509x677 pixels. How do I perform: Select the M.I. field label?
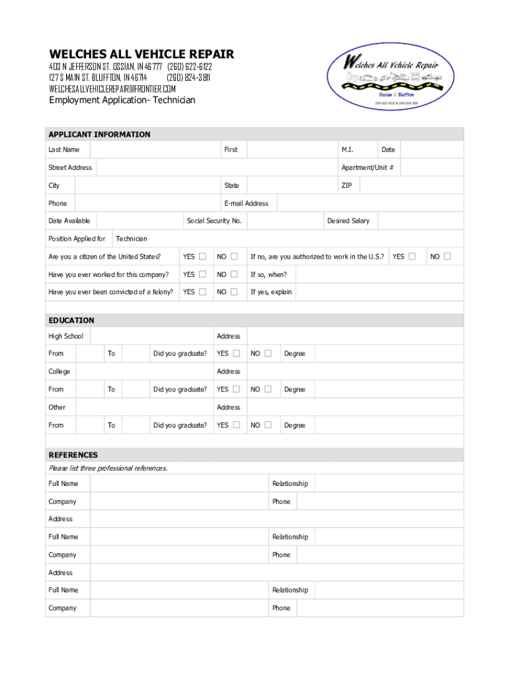(x=347, y=149)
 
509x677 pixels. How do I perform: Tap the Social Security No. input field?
(x=284, y=221)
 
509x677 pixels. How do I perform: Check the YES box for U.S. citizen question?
(x=203, y=257)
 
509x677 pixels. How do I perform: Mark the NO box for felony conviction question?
(x=234, y=292)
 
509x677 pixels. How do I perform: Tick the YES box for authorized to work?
(x=412, y=257)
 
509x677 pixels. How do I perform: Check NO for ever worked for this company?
(x=234, y=274)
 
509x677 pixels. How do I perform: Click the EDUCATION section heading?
(x=71, y=320)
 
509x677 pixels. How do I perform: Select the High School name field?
(x=152, y=336)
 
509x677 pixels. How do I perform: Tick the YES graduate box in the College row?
(x=236, y=389)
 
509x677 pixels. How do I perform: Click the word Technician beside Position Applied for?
(x=132, y=239)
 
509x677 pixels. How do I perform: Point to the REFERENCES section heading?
(x=73, y=455)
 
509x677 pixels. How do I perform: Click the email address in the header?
(x=112, y=89)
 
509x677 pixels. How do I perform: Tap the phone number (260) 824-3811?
(x=188, y=77)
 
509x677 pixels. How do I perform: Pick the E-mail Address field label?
(x=247, y=204)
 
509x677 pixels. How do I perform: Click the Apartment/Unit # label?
(x=368, y=168)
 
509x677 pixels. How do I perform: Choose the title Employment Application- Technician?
(x=122, y=100)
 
